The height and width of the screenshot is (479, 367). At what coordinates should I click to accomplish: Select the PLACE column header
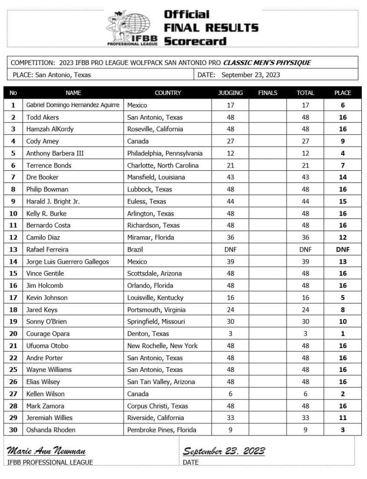(x=342, y=93)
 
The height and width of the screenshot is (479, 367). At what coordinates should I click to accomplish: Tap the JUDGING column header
(x=230, y=93)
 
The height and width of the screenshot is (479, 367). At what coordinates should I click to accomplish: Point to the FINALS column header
(x=267, y=93)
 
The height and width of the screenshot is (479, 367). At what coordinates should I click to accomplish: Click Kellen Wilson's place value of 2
(x=342, y=394)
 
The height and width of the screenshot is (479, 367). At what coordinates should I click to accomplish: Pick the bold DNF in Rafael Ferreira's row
(x=342, y=249)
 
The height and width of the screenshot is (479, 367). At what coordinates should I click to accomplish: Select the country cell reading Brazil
(x=137, y=249)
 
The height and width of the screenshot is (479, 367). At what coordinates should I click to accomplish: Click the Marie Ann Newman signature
(x=46, y=451)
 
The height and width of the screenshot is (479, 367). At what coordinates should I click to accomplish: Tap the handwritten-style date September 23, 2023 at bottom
(x=223, y=451)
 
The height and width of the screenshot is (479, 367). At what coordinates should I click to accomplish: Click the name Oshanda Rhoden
(x=50, y=430)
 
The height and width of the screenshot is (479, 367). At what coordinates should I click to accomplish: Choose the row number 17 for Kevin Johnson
(x=13, y=298)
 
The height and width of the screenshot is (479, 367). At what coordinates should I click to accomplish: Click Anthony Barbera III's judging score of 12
(x=230, y=153)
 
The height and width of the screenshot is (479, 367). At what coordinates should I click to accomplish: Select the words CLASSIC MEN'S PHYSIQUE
(x=267, y=63)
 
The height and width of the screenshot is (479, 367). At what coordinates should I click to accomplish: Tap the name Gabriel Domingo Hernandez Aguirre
(x=72, y=105)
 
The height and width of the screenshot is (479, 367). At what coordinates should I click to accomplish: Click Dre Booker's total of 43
(x=305, y=177)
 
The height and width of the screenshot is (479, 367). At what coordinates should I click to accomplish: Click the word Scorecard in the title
(x=195, y=41)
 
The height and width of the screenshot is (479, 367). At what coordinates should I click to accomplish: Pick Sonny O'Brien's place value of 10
(x=342, y=322)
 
